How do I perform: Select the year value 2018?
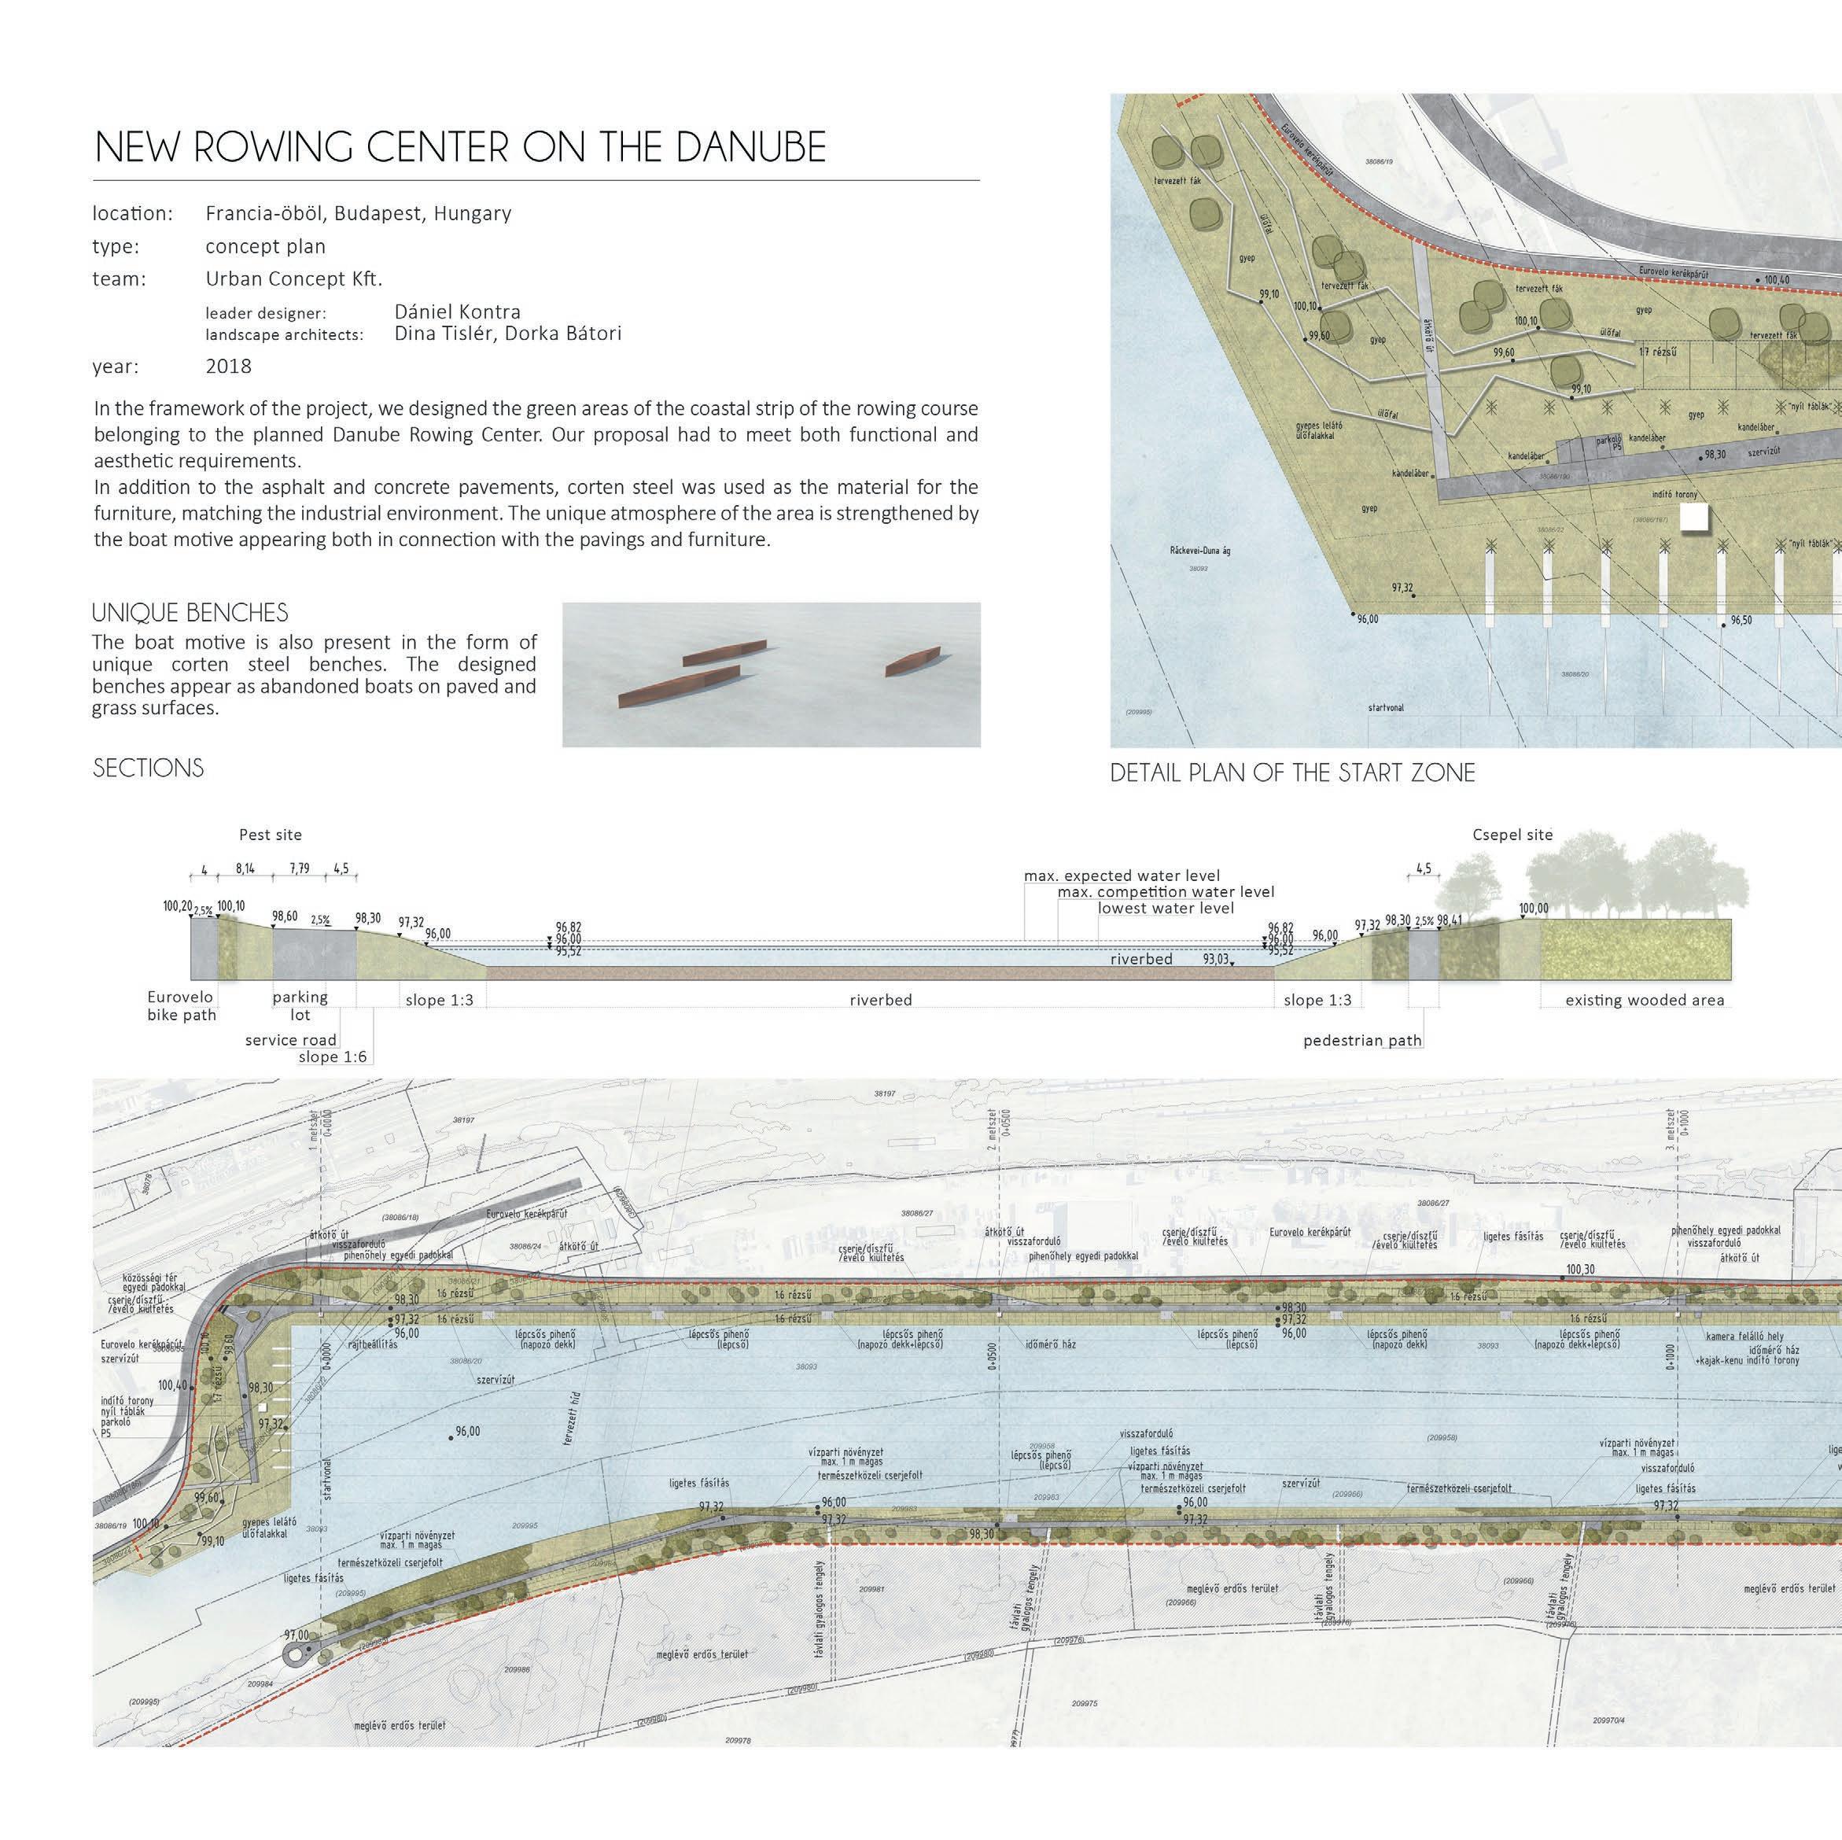[x=229, y=366]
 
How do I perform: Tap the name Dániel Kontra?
[x=458, y=312]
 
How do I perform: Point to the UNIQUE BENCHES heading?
[x=190, y=613]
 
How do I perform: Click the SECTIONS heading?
[x=148, y=769]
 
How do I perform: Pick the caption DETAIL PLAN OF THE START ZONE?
[x=1292, y=773]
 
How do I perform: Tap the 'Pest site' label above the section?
[x=270, y=835]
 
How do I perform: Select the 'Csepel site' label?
[x=1513, y=835]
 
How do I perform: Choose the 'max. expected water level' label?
[x=1122, y=876]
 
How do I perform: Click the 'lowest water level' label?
[x=1165, y=908]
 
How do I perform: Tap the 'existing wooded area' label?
[x=1645, y=1000]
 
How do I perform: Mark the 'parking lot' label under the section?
[x=300, y=1006]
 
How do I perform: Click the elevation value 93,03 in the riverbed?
[x=1216, y=959]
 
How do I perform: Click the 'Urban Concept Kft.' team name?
[x=293, y=279]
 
